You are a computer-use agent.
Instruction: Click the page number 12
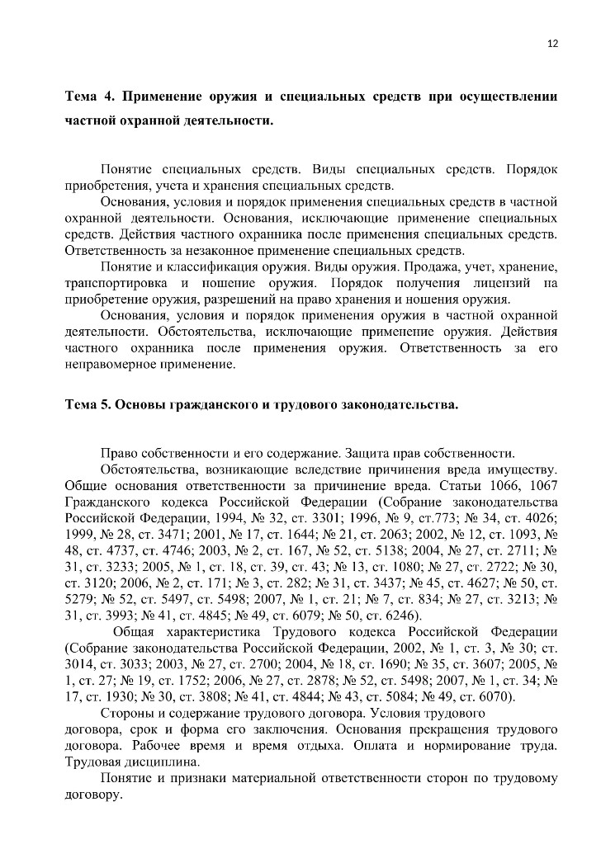(552, 44)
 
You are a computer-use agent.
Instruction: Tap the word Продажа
(444, 267)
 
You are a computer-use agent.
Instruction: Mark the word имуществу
(518, 469)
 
